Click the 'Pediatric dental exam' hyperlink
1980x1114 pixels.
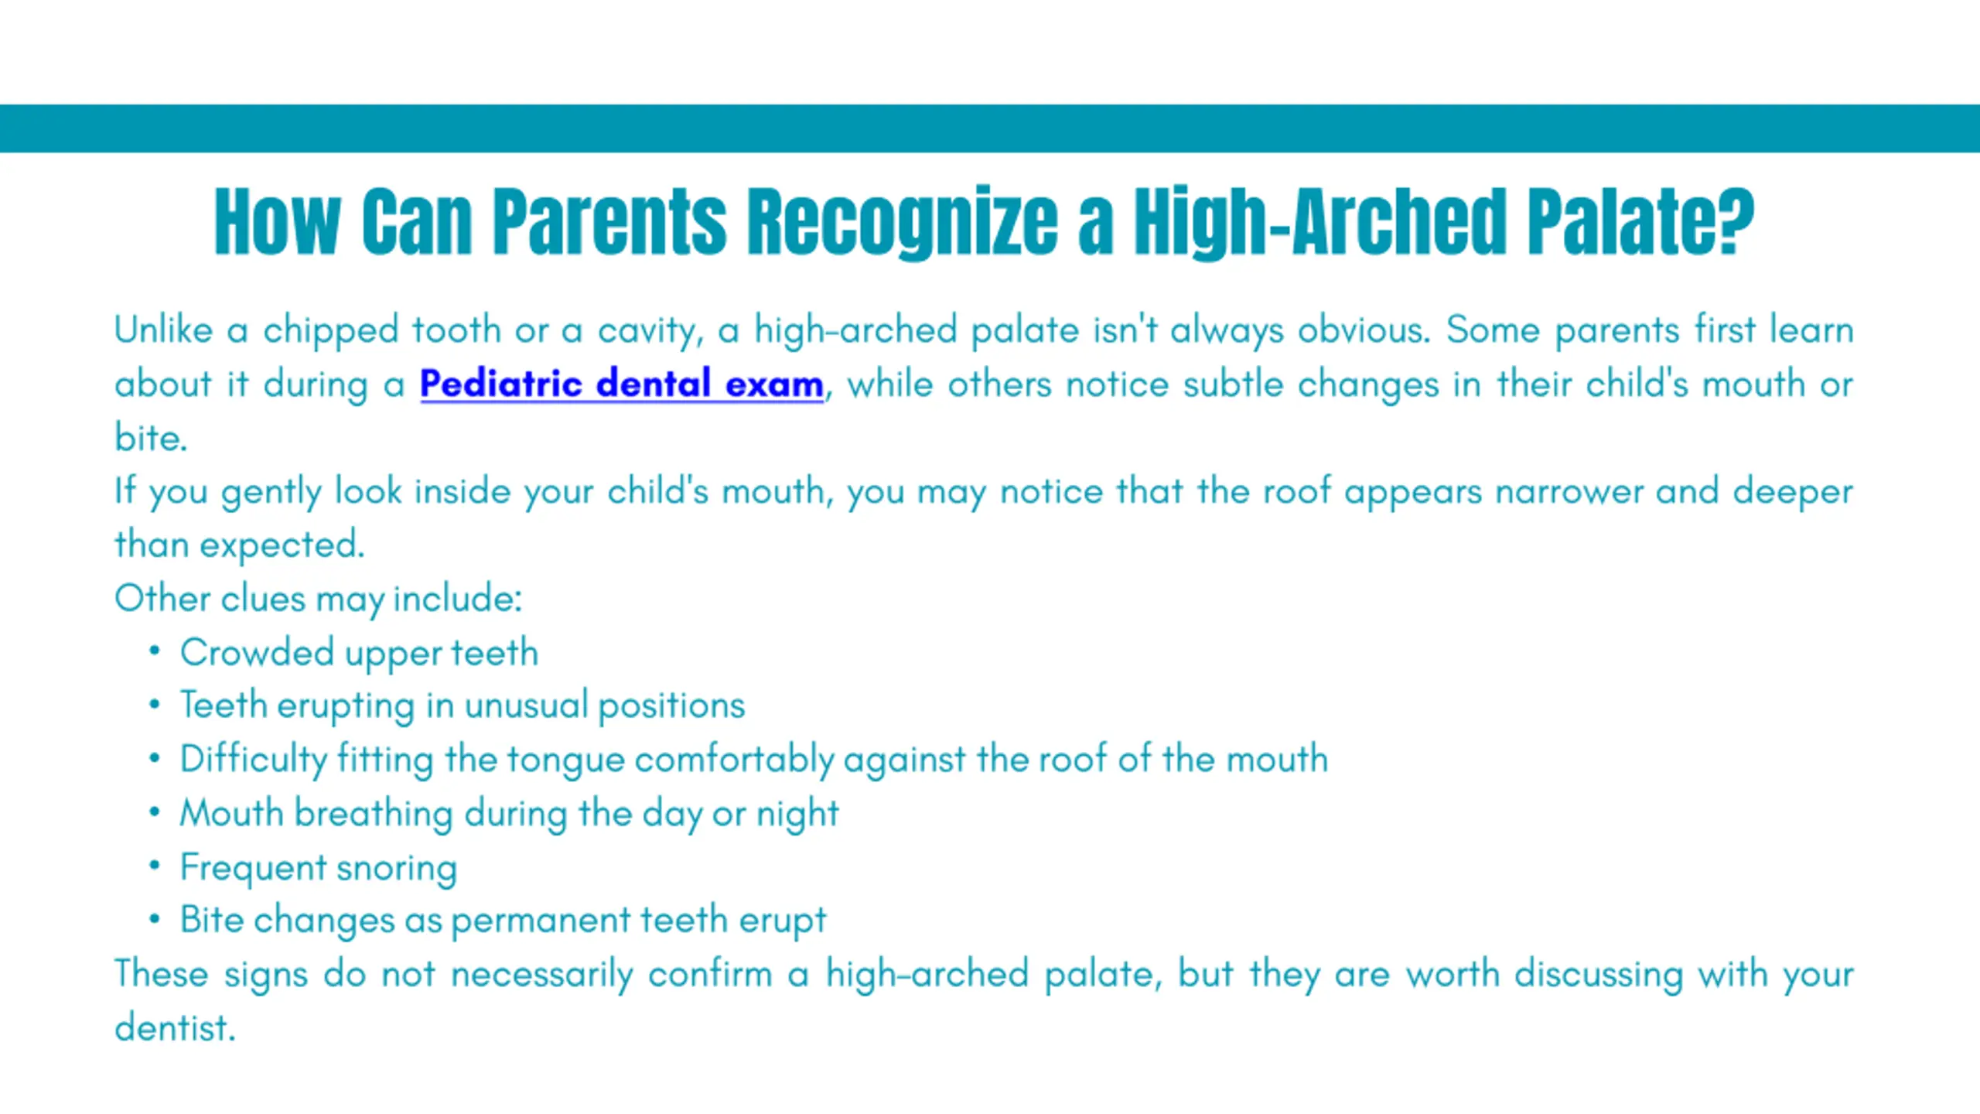622,384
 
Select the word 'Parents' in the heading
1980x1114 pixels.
609,221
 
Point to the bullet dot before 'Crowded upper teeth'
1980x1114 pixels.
155,651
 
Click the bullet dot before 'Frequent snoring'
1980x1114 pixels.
155,865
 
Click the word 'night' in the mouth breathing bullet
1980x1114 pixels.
797,815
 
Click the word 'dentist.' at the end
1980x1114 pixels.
175,1027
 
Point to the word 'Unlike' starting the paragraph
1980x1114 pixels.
163,330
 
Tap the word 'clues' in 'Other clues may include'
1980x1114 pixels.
263,599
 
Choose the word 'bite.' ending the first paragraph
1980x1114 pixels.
151,437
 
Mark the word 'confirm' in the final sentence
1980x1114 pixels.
710,974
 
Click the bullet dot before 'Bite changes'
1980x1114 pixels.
155,918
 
